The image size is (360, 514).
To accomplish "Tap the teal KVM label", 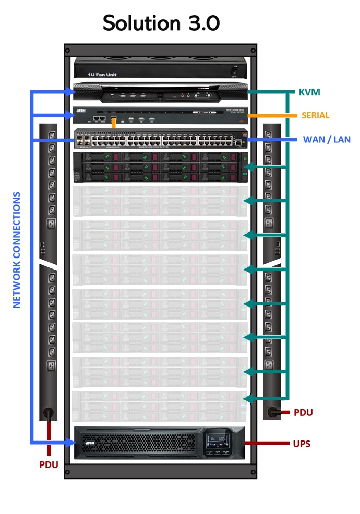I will click(309, 92).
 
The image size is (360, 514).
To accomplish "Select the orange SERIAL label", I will click(316, 115).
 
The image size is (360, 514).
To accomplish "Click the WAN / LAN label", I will click(327, 139).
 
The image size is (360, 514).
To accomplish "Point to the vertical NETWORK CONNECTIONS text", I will click(17, 250).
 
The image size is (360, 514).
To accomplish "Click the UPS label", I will click(302, 444).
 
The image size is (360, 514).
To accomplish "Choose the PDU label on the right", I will click(303, 412).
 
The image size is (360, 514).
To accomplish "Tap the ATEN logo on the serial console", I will click(81, 111).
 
